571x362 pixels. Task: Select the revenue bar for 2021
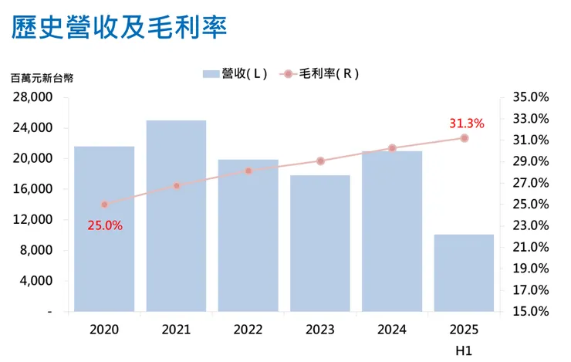pyautogui.click(x=176, y=216)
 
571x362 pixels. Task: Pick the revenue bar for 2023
pyautogui.click(x=320, y=243)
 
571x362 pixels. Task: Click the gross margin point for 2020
pyautogui.click(x=104, y=205)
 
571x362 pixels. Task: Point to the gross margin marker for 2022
pyautogui.click(x=248, y=171)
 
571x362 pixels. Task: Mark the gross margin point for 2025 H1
pyautogui.click(x=465, y=138)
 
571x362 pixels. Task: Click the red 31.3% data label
pyautogui.click(x=466, y=123)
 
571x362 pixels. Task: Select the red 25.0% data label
pyautogui.click(x=106, y=225)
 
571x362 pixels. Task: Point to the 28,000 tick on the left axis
pyautogui.click(x=33, y=97)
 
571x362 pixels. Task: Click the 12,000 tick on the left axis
pyautogui.click(x=33, y=219)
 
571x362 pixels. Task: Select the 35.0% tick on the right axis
pyautogui.click(x=529, y=97)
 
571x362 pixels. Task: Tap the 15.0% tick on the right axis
pyautogui.click(x=529, y=312)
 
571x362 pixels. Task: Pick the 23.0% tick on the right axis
pyautogui.click(x=529, y=225)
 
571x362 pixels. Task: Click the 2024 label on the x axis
pyautogui.click(x=392, y=330)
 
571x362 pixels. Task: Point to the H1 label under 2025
pyautogui.click(x=464, y=351)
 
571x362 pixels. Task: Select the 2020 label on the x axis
pyautogui.click(x=104, y=330)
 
